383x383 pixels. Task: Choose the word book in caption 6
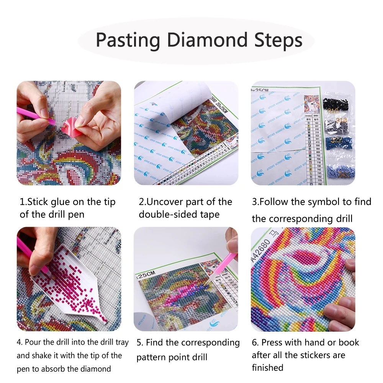click(348, 342)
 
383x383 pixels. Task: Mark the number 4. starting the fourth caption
click(20, 342)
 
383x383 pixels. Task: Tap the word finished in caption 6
click(267, 368)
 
